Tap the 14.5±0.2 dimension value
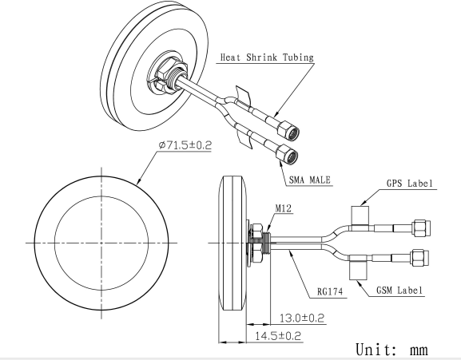click(x=276, y=335)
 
